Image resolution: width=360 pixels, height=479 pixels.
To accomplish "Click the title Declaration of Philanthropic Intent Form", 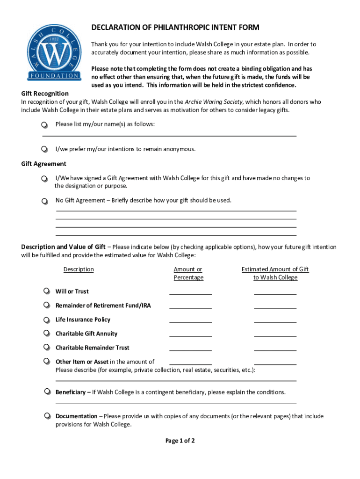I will (x=175, y=28).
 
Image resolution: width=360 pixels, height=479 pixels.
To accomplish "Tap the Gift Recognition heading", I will (x=45, y=93).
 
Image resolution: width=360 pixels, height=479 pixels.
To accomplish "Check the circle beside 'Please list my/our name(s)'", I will (x=44, y=125).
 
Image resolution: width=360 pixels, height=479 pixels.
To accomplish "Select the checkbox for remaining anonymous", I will (x=44, y=149).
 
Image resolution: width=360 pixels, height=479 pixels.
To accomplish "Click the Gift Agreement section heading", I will (x=43, y=164).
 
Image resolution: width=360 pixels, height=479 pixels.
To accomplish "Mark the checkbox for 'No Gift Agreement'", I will (x=44, y=201).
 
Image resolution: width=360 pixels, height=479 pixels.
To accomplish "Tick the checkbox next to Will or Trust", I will (x=46, y=291).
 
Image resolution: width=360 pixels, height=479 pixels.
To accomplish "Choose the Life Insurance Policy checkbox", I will (x=46, y=319).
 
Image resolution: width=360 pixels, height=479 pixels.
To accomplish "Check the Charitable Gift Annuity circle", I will (x=46, y=333).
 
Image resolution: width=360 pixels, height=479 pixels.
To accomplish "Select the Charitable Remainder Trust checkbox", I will (x=46, y=347).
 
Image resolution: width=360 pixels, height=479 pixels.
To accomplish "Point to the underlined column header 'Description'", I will (x=79, y=269).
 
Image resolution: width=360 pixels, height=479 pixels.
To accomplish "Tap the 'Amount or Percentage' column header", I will (x=188, y=273).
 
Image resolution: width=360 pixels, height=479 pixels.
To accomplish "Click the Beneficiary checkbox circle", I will (x=47, y=391).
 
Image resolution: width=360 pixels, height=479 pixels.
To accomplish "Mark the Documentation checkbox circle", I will (x=47, y=415).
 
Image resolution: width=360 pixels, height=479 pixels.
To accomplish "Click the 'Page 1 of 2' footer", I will (x=180, y=441).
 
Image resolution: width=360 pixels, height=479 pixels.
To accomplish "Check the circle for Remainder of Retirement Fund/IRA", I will (x=46, y=305).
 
